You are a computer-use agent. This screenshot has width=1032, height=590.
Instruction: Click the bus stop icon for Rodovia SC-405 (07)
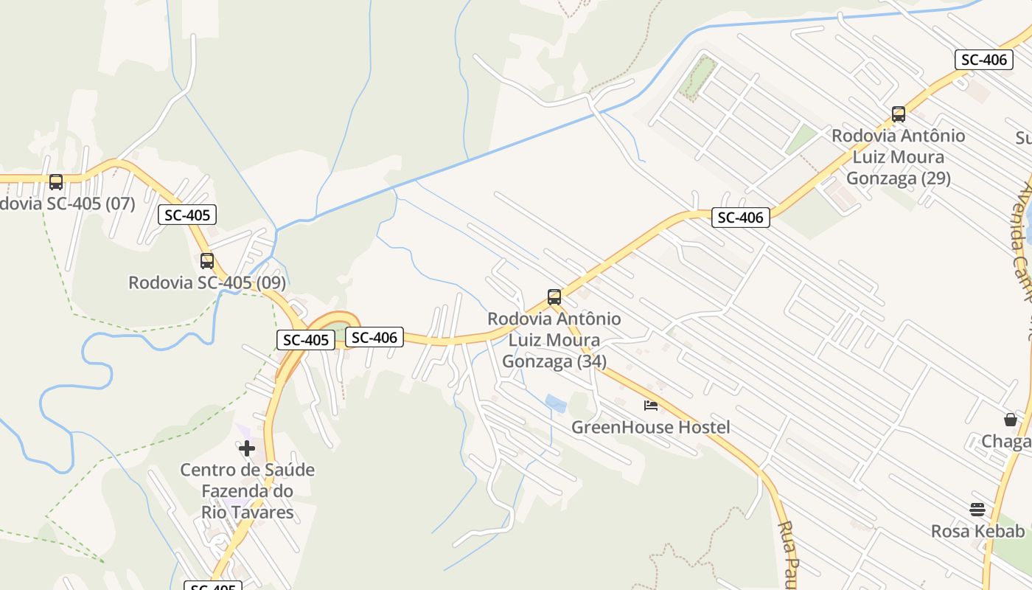click(x=56, y=181)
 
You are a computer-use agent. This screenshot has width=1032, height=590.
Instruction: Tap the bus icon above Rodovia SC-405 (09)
click(x=207, y=260)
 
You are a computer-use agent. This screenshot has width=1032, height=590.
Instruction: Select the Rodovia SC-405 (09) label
click(x=207, y=282)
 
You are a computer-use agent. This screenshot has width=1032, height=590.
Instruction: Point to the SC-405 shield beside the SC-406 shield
click(x=306, y=340)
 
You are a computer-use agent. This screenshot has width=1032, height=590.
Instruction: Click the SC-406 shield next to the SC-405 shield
click(x=374, y=338)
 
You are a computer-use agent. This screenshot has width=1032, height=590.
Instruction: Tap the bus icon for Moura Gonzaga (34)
click(x=554, y=297)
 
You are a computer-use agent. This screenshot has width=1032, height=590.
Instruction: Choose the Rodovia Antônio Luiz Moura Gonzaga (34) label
click(x=554, y=340)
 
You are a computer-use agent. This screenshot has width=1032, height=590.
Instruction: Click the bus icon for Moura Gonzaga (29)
click(x=899, y=114)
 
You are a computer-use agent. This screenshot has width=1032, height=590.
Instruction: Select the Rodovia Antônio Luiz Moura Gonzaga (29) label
click(x=899, y=157)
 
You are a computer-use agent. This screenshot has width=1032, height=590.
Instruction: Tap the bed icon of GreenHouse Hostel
click(x=651, y=405)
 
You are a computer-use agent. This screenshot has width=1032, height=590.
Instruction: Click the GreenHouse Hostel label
click(x=651, y=427)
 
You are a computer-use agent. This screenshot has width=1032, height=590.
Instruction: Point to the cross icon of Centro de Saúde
click(x=247, y=448)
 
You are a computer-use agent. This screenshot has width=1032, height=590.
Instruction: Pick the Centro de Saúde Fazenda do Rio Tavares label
click(x=248, y=490)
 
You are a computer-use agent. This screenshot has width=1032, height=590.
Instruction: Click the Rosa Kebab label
click(x=977, y=531)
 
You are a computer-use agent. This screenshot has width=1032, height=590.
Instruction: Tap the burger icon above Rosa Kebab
click(x=977, y=509)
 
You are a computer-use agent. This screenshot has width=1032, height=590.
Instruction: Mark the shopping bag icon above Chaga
click(x=1011, y=420)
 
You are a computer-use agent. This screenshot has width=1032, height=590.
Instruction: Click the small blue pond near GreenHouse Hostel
click(x=556, y=403)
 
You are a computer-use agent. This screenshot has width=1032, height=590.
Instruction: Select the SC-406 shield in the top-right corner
click(x=983, y=60)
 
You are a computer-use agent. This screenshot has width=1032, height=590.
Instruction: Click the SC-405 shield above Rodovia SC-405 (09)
click(x=187, y=215)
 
